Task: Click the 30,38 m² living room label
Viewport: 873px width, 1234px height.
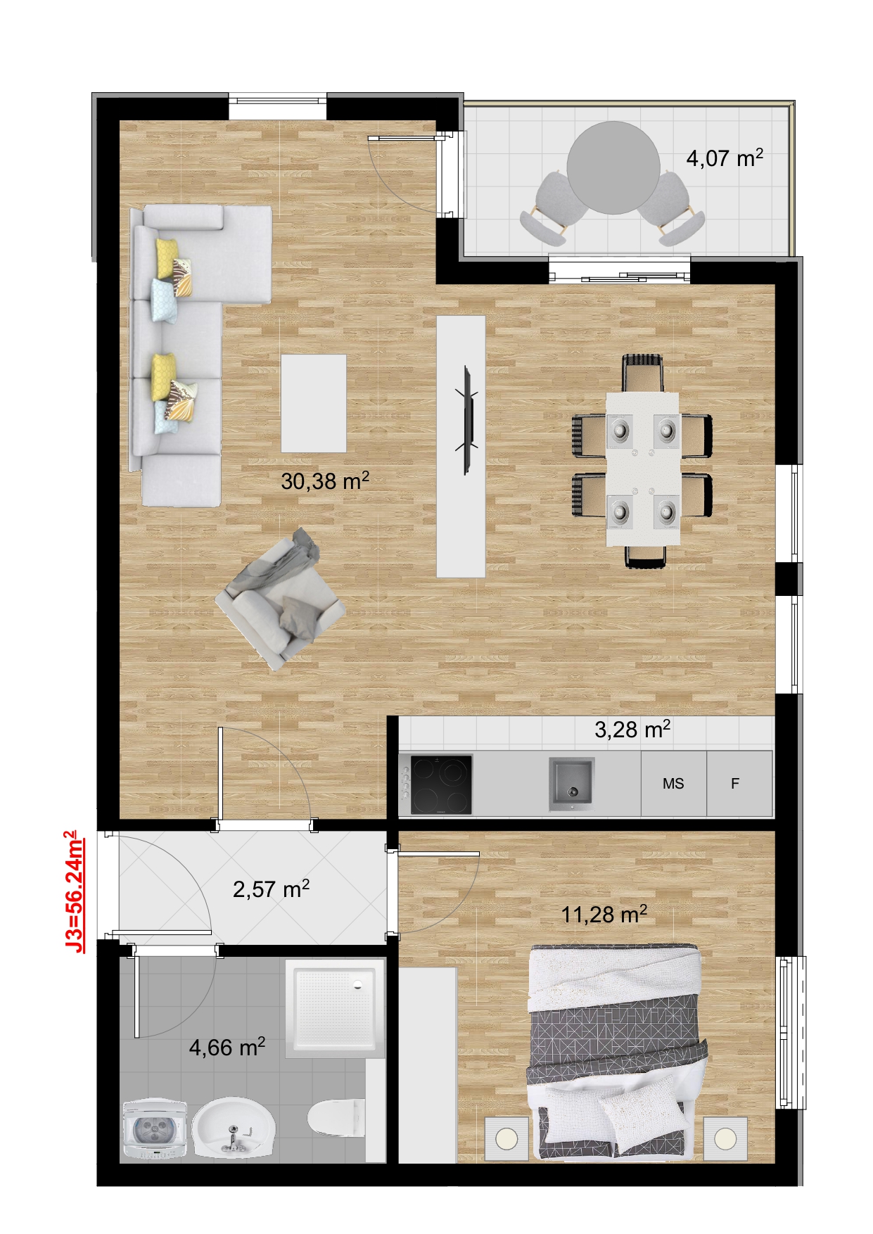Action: click(x=325, y=481)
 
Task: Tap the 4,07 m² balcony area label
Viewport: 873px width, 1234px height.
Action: click(x=725, y=158)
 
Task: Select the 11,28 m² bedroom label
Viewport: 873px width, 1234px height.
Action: click(x=604, y=914)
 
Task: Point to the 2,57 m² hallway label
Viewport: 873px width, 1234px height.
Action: click(x=271, y=889)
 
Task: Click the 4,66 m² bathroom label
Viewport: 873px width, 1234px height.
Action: click(x=227, y=1047)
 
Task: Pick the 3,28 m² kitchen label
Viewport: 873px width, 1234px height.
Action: click(x=632, y=730)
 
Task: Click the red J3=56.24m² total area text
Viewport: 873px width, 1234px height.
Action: click(x=74, y=891)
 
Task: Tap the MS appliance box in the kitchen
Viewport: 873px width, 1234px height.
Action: click(x=673, y=783)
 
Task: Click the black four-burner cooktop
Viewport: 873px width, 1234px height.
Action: click(x=441, y=784)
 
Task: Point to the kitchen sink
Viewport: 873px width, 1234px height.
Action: click(x=571, y=783)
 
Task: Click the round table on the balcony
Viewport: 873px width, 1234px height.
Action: click(x=613, y=168)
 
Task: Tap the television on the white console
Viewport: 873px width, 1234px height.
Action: click(x=466, y=420)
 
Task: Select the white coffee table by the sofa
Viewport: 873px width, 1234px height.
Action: click(x=314, y=403)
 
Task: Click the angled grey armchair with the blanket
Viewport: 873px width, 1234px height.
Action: click(x=280, y=599)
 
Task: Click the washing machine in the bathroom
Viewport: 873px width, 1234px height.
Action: click(x=155, y=1129)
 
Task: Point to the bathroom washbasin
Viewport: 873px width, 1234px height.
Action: click(x=233, y=1128)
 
